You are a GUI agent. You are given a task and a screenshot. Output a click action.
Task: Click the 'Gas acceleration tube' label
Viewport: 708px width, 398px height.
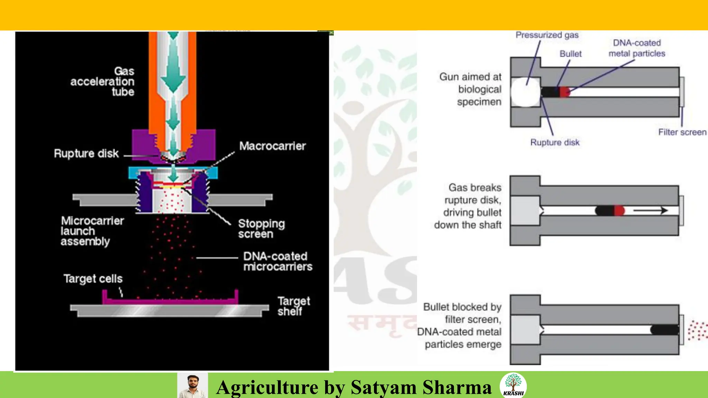(102, 82)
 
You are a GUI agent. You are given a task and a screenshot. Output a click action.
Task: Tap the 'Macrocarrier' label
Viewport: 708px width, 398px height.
(272, 146)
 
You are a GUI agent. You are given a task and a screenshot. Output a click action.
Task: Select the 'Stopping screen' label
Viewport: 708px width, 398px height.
(261, 229)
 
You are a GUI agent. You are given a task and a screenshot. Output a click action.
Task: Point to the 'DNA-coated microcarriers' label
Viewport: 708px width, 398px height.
(277, 262)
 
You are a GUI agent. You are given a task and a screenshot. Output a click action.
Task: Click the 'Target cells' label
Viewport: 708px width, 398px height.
(93, 278)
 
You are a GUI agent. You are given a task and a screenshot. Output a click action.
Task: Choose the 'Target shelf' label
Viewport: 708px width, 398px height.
(294, 306)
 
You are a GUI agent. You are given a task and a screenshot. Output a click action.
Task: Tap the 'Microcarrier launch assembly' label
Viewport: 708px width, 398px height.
(92, 231)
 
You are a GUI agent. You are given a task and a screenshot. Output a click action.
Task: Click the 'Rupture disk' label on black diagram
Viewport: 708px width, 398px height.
(86, 153)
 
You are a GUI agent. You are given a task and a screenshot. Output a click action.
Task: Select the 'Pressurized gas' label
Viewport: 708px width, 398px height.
(547, 35)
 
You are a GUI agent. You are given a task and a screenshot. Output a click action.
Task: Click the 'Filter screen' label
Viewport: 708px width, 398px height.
(682, 132)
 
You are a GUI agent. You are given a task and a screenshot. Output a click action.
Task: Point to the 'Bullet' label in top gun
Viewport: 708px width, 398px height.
(570, 54)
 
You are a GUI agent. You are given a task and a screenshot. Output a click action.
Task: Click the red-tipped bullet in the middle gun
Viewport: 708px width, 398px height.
(610, 210)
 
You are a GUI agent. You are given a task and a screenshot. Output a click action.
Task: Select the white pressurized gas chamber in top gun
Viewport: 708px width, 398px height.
(525, 92)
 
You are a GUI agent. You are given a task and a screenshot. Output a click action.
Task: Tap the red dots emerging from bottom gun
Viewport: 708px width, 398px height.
(697, 330)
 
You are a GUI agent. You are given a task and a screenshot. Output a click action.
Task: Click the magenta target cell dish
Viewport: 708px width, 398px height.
(170, 301)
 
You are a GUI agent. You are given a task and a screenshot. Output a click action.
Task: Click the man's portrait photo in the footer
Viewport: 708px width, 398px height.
(193, 386)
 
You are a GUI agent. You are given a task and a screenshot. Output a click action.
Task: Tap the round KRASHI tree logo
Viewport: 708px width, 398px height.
(513, 385)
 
